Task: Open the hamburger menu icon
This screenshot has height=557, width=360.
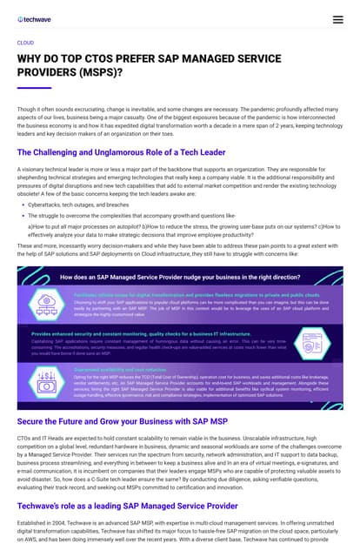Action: point(337,18)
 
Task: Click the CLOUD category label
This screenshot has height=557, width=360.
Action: point(25,42)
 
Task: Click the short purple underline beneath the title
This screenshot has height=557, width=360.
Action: point(34,88)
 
